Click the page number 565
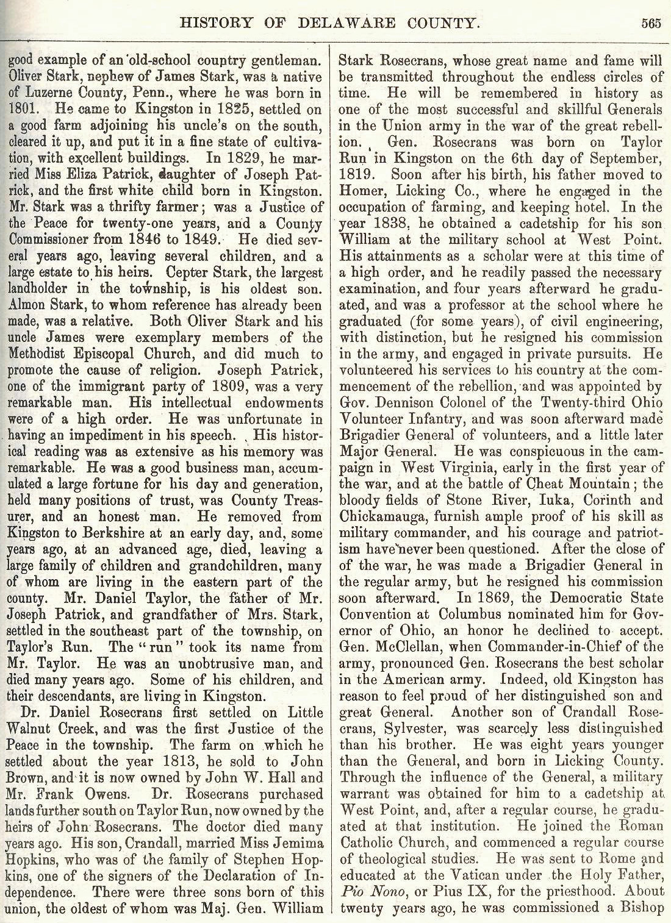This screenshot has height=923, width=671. click(651, 24)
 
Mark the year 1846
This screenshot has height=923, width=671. click(161, 240)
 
